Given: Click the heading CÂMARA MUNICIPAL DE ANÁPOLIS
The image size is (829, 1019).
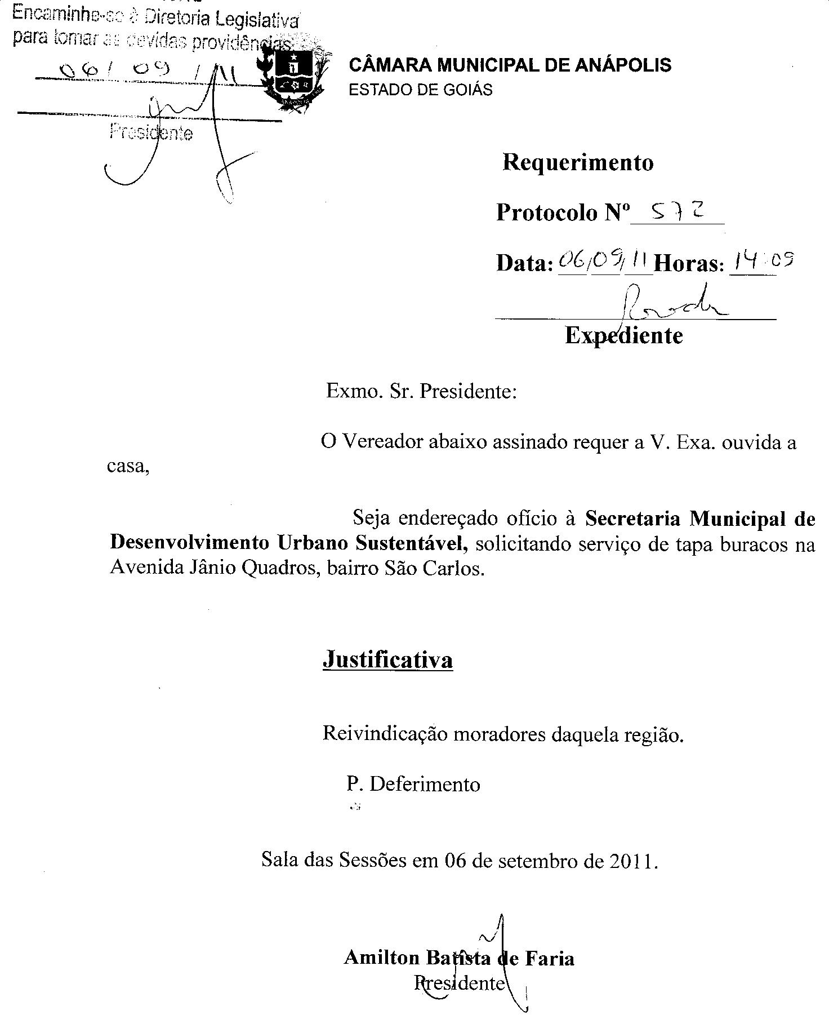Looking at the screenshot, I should (x=510, y=65).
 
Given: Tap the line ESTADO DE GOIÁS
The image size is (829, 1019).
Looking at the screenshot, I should (x=421, y=90).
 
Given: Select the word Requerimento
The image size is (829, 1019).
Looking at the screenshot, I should (x=578, y=162).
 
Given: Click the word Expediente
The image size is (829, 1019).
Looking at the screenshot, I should (x=623, y=336).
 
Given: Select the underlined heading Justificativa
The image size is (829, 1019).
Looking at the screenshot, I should (x=387, y=659).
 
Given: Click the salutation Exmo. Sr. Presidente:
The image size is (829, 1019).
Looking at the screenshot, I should (x=421, y=391).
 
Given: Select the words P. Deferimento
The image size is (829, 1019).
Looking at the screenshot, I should (x=413, y=784).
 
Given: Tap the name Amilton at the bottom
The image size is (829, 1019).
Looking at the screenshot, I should (x=381, y=958).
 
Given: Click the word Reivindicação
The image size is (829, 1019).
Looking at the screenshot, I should (x=385, y=734).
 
